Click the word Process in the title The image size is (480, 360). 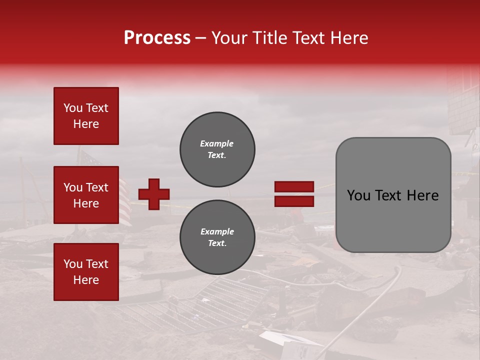pos(157,38)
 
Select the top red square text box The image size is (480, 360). pos(86,116)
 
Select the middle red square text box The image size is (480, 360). pos(86,195)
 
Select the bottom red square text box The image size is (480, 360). pos(86,272)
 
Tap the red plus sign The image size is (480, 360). pos(154,194)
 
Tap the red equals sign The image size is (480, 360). pos(294,194)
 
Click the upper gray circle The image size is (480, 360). pos(217,149)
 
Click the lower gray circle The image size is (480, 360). pos(217,237)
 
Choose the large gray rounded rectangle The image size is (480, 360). pos(393,195)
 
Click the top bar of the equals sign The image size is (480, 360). pos(294,187)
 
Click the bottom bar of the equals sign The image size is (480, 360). pos(294,201)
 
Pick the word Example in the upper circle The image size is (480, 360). pos(216,143)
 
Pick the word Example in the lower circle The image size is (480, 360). pos(217,231)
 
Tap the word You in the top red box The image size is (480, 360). pos(73,108)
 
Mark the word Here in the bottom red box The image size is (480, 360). pos(86,280)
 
